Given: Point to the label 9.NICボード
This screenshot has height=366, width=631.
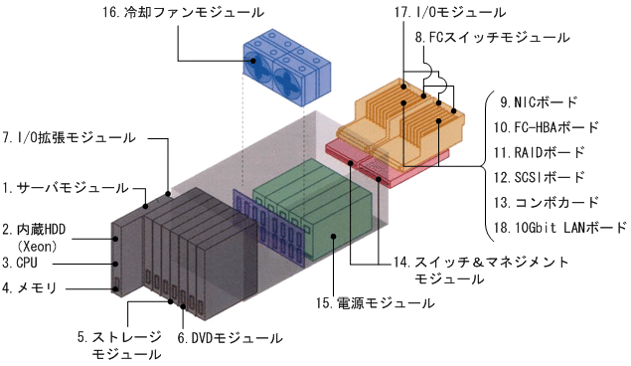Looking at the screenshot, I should [538, 101].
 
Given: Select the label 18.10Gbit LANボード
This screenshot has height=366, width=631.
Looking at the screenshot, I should [559, 228].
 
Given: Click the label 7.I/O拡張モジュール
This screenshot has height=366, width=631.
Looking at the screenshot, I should [69, 134].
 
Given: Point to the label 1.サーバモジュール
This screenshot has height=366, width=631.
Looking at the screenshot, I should [66, 187].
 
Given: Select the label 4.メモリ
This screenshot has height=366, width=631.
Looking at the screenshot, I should [31, 288].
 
